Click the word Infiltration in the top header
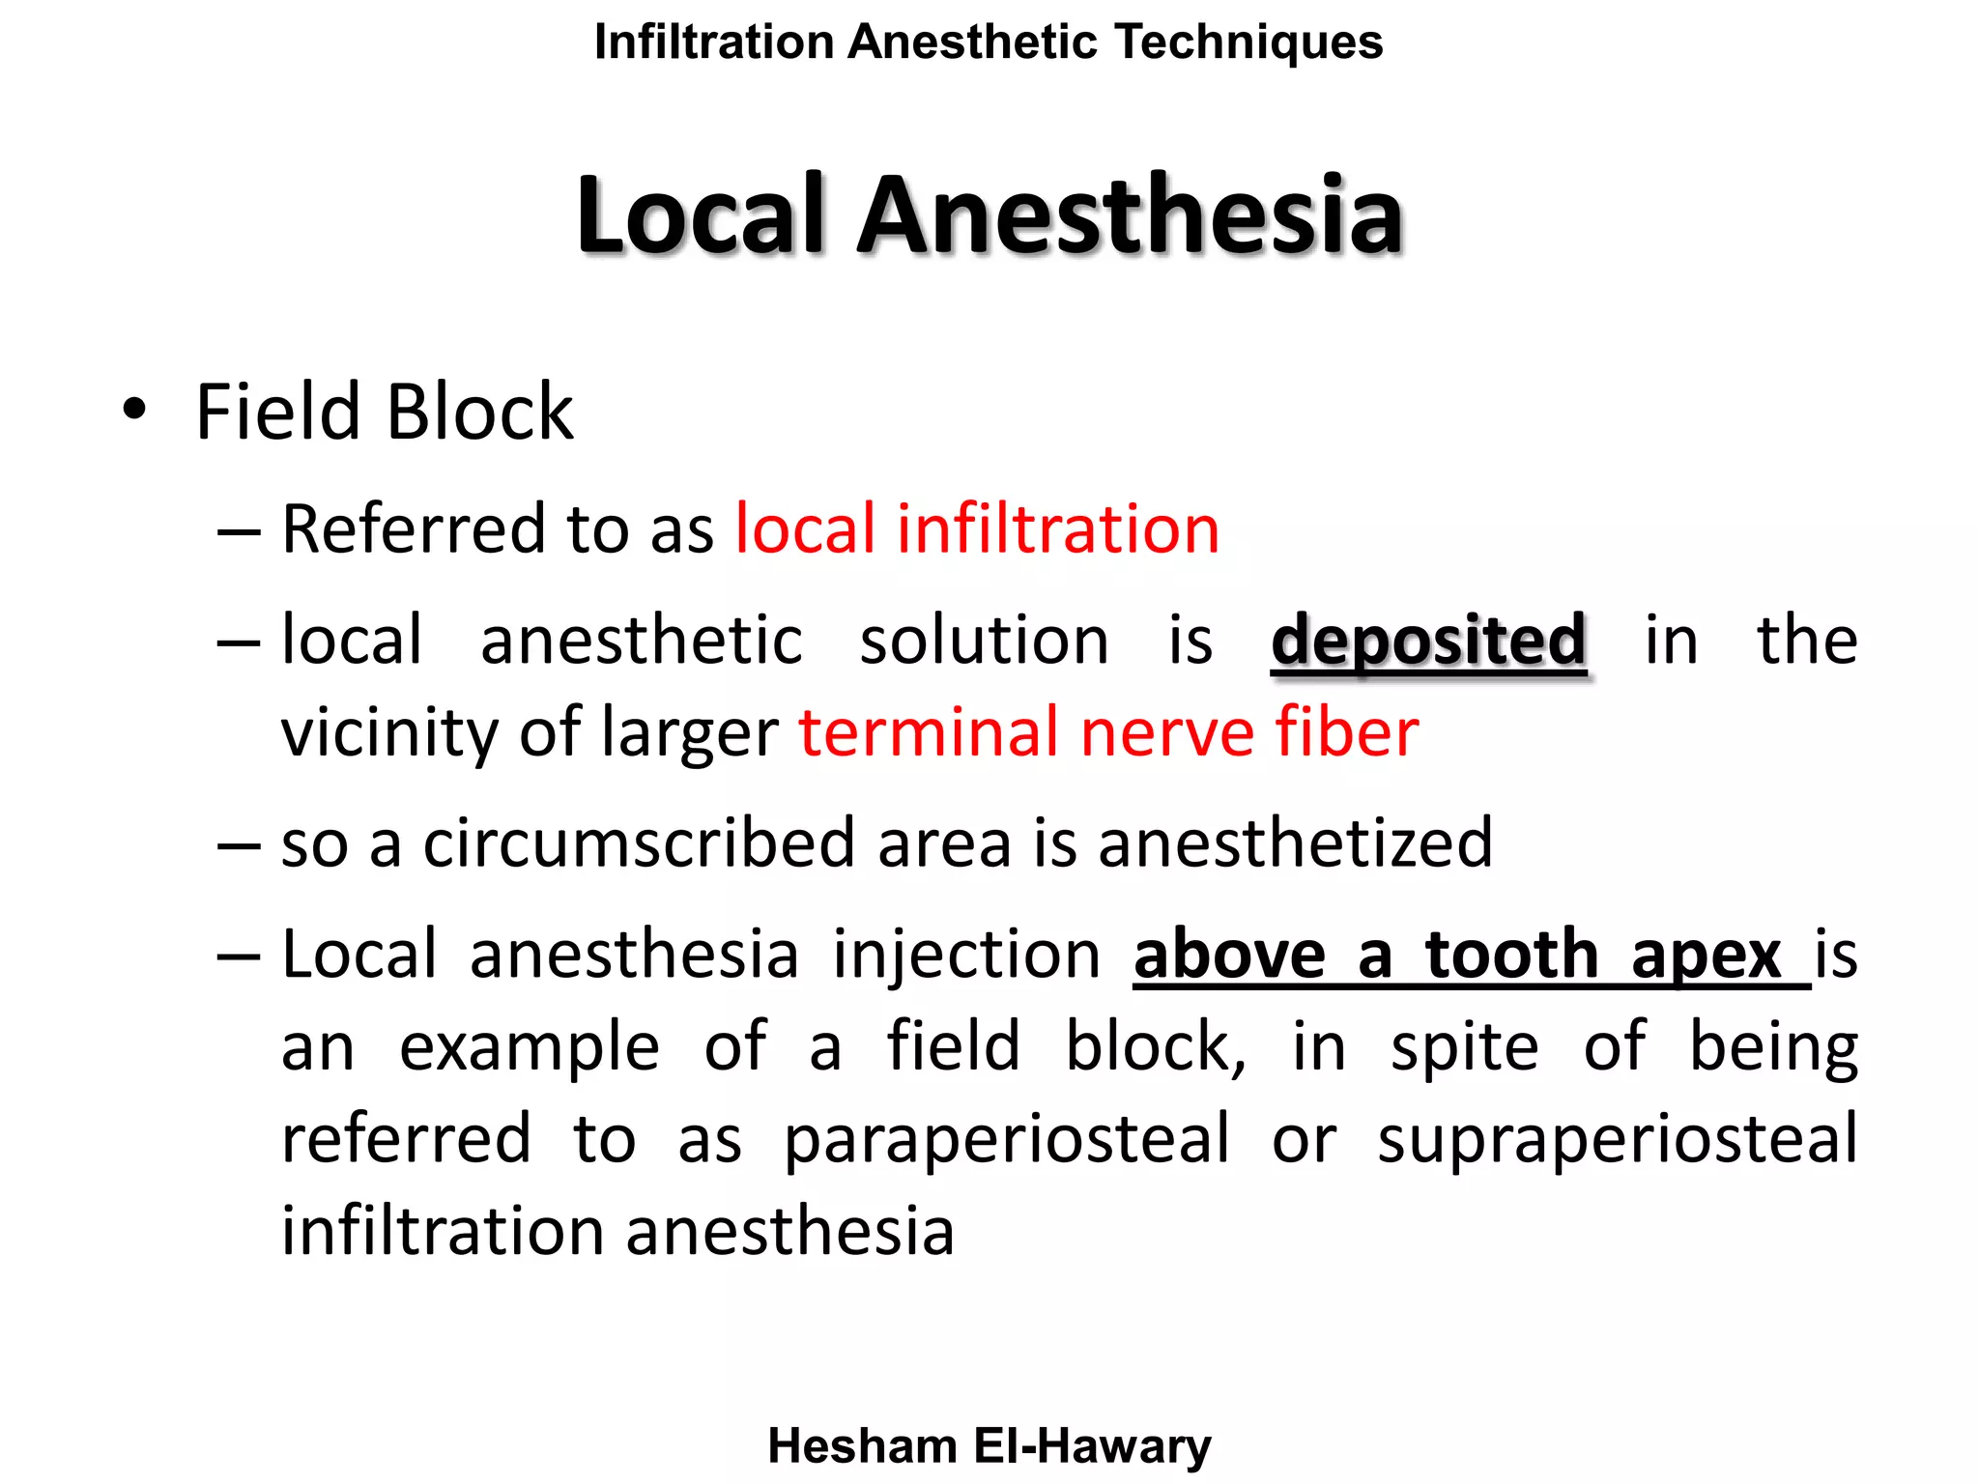[x=713, y=43]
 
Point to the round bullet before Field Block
[x=134, y=410]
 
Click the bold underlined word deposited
[x=1428, y=641]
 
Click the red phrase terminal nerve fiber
[x=1108, y=731]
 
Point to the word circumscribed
[x=639, y=842]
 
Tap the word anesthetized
[x=1295, y=842]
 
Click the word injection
[x=966, y=955]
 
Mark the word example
[x=530, y=1046]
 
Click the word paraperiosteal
[x=1006, y=1140]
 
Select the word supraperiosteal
[x=1617, y=1140]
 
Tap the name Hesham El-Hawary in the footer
[x=989, y=1446]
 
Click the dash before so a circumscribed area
[x=239, y=844]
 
